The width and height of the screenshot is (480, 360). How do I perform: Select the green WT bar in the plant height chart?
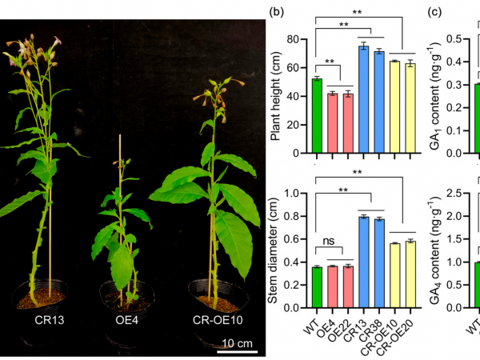[317, 116]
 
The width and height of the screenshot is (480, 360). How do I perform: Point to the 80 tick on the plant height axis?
[298, 39]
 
